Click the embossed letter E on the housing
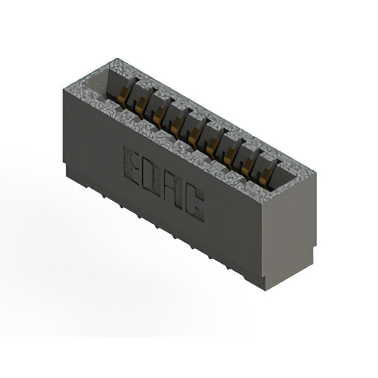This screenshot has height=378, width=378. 131,163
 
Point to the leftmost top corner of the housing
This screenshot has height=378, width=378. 63,87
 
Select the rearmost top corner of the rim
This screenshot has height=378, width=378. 118,58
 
